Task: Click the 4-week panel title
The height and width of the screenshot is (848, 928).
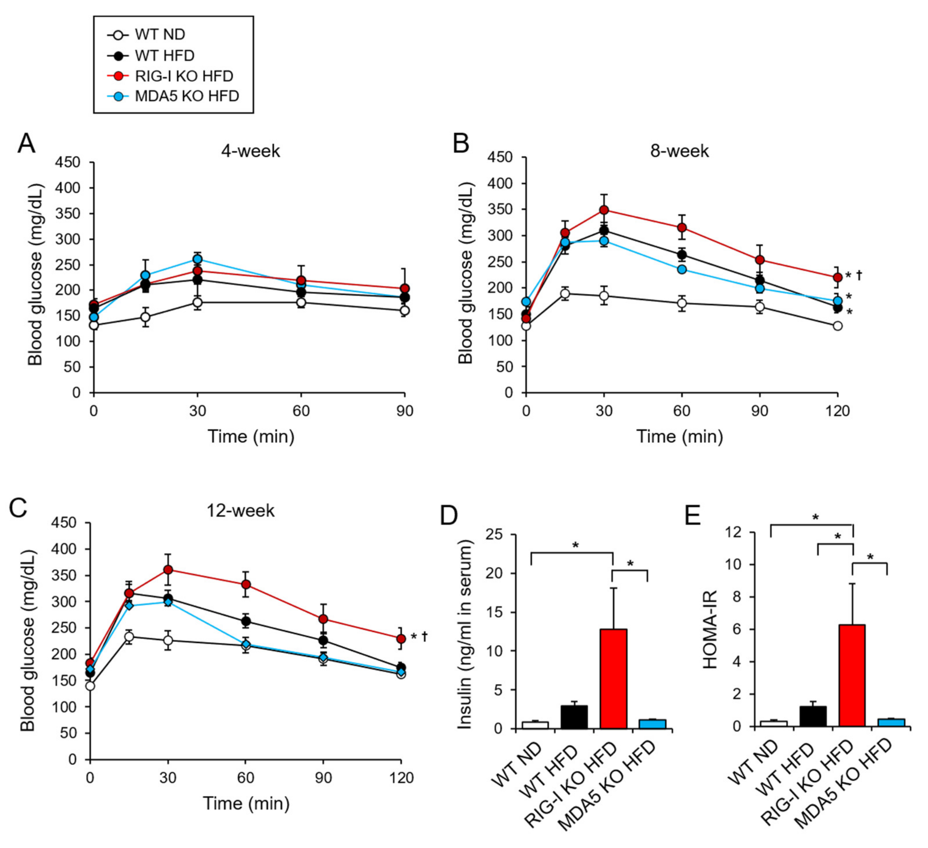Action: coord(250,151)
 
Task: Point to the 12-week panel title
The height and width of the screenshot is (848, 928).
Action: coord(240,510)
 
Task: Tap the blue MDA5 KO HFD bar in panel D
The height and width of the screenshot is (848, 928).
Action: coord(652,724)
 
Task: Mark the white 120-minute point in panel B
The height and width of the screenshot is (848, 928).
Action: coord(837,326)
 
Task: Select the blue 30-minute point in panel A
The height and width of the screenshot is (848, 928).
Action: coord(197,259)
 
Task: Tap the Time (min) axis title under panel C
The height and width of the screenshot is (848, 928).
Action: coord(246,803)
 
